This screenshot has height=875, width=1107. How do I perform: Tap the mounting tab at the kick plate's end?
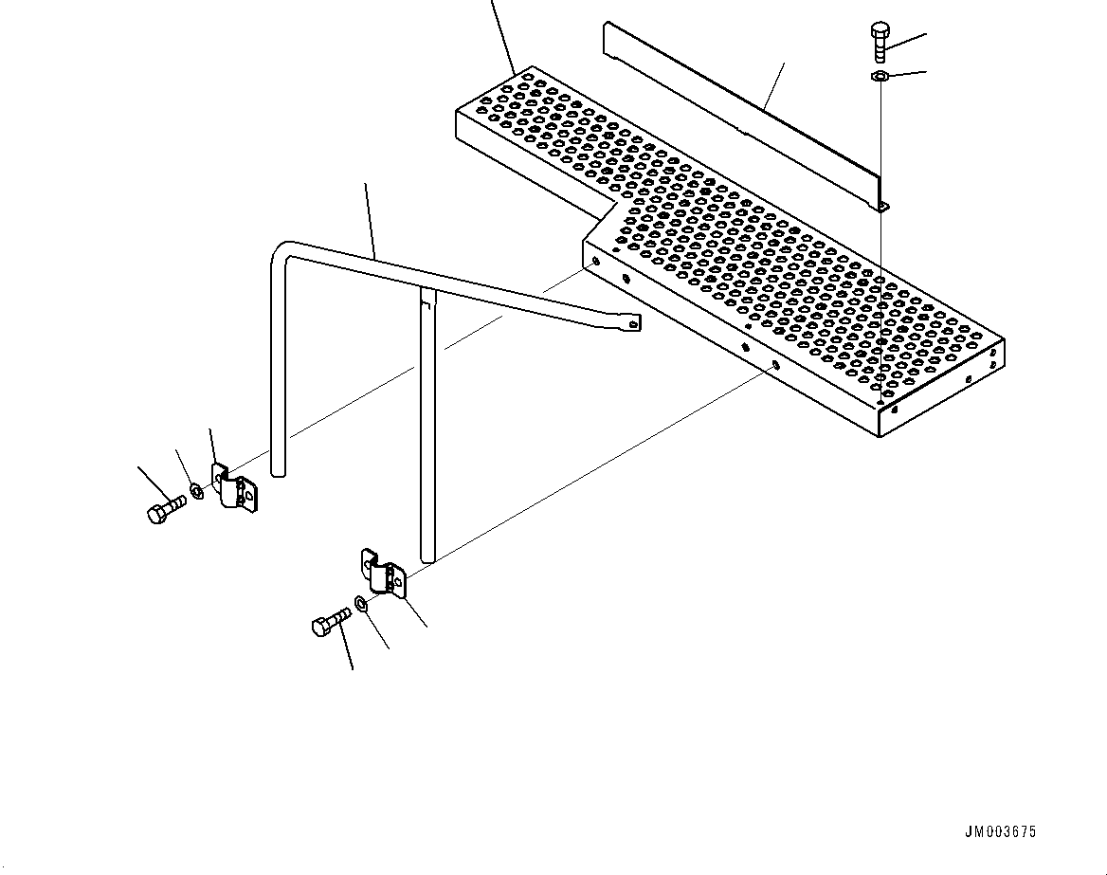pos(881,206)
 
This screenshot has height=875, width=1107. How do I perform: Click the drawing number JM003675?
pos(1000,832)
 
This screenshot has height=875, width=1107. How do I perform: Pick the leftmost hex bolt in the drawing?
pos(161,512)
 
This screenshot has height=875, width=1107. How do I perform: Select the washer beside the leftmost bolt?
pos(195,490)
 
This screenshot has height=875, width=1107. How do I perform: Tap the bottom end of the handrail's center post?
pos(427,554)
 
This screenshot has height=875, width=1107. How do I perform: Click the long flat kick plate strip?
pos(739,114)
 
